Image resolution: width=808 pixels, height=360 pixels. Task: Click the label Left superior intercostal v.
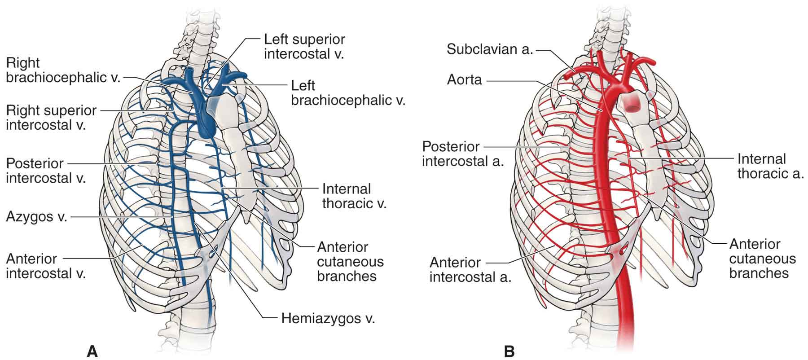pyautogui.click(x=304, y=46)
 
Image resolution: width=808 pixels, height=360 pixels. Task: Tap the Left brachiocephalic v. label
pyautogui.click(x=348, y=92)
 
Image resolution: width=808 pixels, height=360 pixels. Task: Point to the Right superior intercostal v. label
pyautogui.click(x=51, y=117)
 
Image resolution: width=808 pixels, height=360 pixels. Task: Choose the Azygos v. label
pyautogui.click(x=36, y=217)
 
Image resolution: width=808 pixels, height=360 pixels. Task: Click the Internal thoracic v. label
pyautogui.click(x=354, y=196)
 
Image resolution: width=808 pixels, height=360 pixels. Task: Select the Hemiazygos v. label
pyautogui.click(x=328, y=319)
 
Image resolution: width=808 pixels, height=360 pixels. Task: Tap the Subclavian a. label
pyautogui.click(x=490, y=49)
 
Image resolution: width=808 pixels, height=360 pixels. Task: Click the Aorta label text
pyautogui.click(x=464, y=80)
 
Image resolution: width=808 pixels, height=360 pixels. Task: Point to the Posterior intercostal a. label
pyautogui.click(x=463, y=154)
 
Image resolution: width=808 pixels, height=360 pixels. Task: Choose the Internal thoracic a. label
pyautogui.click(x=770, y=166)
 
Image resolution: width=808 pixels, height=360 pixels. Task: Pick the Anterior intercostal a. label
pyautogui.click(x=470, y=269)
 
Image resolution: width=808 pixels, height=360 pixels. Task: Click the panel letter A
pyautogui.click(x=92, y=351)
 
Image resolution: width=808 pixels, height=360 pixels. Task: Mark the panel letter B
pyautogui.click(x=509, y=351)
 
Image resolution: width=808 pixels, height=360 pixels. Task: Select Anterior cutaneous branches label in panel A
pyautogui.click(x=350, y=261)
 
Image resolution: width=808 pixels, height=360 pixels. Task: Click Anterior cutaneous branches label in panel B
pyautogui.click(x=762, y=259)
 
